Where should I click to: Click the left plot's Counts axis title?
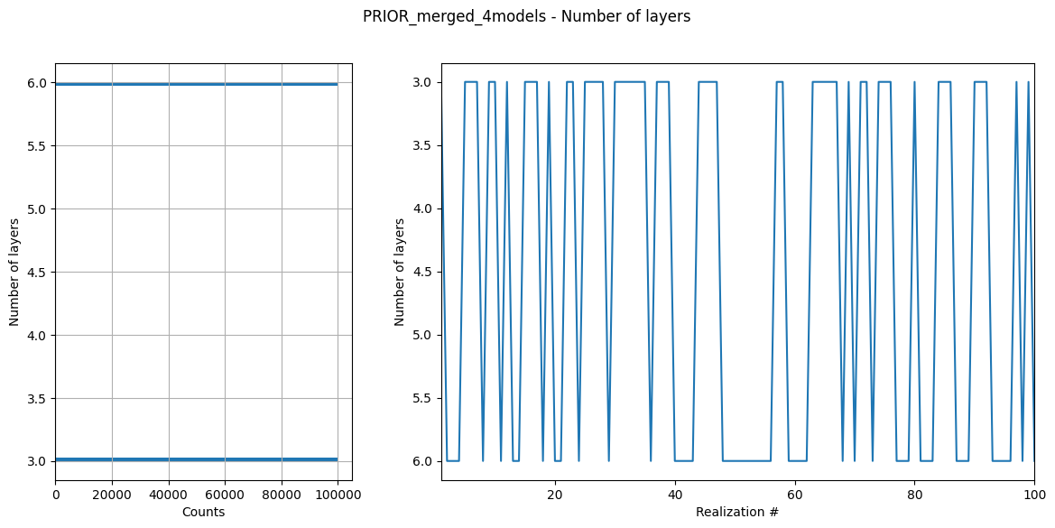[x=203, y=512]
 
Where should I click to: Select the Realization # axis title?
[x=737, y=512]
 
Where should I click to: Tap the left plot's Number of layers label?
[x=14, y=272]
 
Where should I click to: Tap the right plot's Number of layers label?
[x=400, y=272]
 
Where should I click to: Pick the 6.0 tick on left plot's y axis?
[x=37, y=83]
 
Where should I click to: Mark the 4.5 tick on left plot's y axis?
[x=37, y=272]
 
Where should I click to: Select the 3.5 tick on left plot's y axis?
[x=37, y=398]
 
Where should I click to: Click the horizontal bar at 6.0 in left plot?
[x=196, y=84]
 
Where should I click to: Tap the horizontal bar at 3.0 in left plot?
[x=196, y=459]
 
